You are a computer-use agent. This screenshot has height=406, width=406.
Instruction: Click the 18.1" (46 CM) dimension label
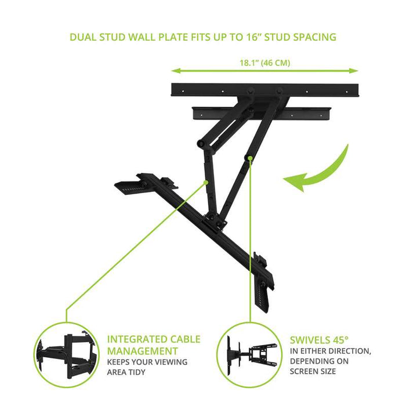tap(265, 63)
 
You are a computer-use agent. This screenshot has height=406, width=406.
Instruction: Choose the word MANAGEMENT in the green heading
tap(143, 351)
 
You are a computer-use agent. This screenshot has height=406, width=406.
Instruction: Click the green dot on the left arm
tap(206, 183)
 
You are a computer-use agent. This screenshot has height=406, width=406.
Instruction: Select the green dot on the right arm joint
tap(250, 158)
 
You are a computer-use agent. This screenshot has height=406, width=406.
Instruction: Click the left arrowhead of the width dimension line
tap(176, 70)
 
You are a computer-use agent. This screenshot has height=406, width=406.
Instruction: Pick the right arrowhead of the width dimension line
tap(354, 70)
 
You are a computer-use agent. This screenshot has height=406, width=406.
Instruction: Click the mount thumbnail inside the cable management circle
tap(66, 355)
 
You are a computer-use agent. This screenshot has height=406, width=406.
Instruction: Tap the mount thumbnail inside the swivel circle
tap(251, 355)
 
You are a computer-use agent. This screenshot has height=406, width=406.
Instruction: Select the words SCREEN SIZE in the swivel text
tap(313, 371)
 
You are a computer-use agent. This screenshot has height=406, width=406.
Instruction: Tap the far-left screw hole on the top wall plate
tap(183, 91)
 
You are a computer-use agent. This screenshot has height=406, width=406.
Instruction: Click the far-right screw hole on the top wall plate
tap(347, 92)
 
